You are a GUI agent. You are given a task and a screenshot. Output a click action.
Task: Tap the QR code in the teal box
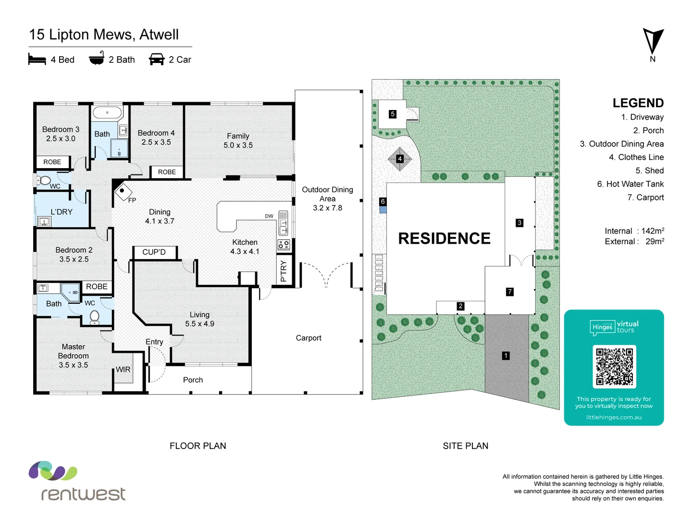614,367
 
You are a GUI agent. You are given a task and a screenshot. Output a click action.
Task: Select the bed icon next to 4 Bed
37,60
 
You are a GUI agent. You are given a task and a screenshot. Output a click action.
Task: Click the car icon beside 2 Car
157,60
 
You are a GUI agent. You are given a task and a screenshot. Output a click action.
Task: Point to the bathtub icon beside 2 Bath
97,59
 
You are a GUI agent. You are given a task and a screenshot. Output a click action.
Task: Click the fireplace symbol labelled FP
123,191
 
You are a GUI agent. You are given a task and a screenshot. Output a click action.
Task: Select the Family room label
238,136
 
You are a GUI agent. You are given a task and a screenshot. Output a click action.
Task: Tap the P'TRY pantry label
283,272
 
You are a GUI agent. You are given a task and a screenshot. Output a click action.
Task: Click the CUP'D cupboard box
154,252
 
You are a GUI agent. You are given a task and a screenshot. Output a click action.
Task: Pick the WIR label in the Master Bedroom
123,370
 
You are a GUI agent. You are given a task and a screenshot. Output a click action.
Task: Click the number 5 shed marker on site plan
393,114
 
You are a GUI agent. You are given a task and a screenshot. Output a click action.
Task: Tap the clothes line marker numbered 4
400,159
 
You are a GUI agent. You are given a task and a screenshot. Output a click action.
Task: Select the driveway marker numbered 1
506,356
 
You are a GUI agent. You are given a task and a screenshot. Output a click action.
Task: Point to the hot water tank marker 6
383,202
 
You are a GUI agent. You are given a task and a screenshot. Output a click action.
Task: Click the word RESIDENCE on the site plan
444,238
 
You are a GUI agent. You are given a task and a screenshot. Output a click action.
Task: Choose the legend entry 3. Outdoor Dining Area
621,144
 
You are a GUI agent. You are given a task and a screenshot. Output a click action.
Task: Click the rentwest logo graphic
53,471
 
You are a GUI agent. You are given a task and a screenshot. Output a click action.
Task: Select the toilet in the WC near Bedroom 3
45,181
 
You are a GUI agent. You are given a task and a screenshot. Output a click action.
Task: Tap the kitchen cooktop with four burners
284,245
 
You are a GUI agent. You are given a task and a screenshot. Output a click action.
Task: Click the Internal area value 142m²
653,231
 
